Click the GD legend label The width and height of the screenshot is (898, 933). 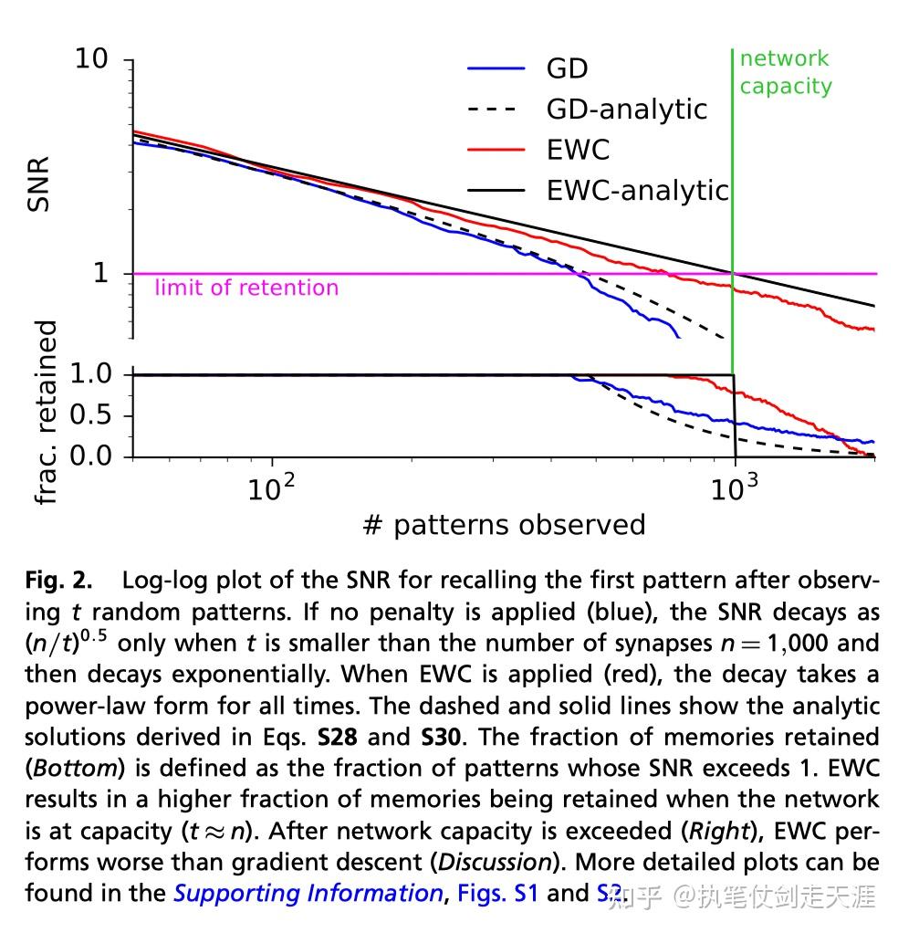click(567, 68)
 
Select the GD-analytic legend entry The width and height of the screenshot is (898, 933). click(626, 109)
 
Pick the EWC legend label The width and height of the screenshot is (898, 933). click(578, 149)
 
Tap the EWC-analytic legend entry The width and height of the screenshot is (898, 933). click(637, 190)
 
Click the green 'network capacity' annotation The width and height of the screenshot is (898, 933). click(785, 72)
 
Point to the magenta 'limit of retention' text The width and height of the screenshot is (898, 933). click(246, 288)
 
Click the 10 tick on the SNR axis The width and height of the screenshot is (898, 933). click(92, 59)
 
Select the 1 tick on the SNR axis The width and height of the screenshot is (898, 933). click(100, 273)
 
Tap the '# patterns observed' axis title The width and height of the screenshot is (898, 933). click(504, 525)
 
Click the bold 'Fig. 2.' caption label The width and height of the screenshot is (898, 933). click(58, 581)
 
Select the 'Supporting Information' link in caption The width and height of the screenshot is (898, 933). click(308, 892)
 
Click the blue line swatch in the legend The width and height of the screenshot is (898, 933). click(496, 68)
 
